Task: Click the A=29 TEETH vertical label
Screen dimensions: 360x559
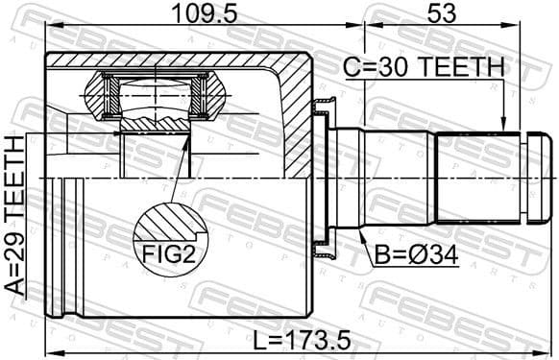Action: click(15, 214)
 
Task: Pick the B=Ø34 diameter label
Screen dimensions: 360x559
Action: click(419, 256)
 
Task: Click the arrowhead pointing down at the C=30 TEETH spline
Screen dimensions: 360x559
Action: click(501, 126)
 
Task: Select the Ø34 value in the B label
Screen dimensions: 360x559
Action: click(434, 256)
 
